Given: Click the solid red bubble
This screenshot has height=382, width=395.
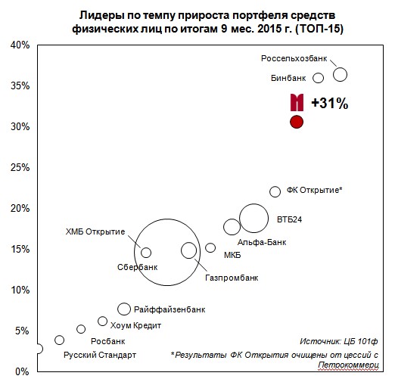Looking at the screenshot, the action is pyautogui.click(x=297, y=122).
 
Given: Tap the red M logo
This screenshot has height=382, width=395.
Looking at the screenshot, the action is pyautogui.click(x=297, y=102).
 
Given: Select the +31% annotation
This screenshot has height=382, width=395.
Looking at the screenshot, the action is pyautogui.click(x=330, y=103).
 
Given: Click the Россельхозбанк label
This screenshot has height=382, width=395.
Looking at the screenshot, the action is pyautogui.click(x=294, y=58).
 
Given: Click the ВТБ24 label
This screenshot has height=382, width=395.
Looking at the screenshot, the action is pyautogui.click(x=289, y=219).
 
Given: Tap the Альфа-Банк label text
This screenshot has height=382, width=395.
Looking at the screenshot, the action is pyautogui.click(x=262, y=242).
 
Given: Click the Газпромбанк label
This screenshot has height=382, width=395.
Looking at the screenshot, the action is pyautogui.click(x=232, y=278).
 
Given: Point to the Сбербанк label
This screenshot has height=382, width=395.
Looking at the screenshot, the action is pyautogui.click(x=138, y=267).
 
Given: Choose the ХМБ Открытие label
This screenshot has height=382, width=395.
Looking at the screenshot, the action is pyautogui.click(x=95, y=231).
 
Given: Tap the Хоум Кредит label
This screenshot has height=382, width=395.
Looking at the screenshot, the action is pyautogui.click(x=135, y=325).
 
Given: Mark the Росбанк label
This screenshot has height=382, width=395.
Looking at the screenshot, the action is pyautogui.click(x=108, y=341).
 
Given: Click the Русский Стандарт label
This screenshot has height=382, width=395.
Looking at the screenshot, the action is pyautogui.click(x=100, y=355).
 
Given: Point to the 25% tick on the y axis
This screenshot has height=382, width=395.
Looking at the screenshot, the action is pyautogui.click(x=20, y=167).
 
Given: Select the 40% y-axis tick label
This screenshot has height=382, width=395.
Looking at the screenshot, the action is pyautogui.click(x=20, y=45).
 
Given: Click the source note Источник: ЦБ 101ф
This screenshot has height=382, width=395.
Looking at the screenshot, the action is pyautogui.click(x=339, y=341).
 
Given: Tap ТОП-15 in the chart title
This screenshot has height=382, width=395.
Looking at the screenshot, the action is pyautogui.click(x=319, y=29).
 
